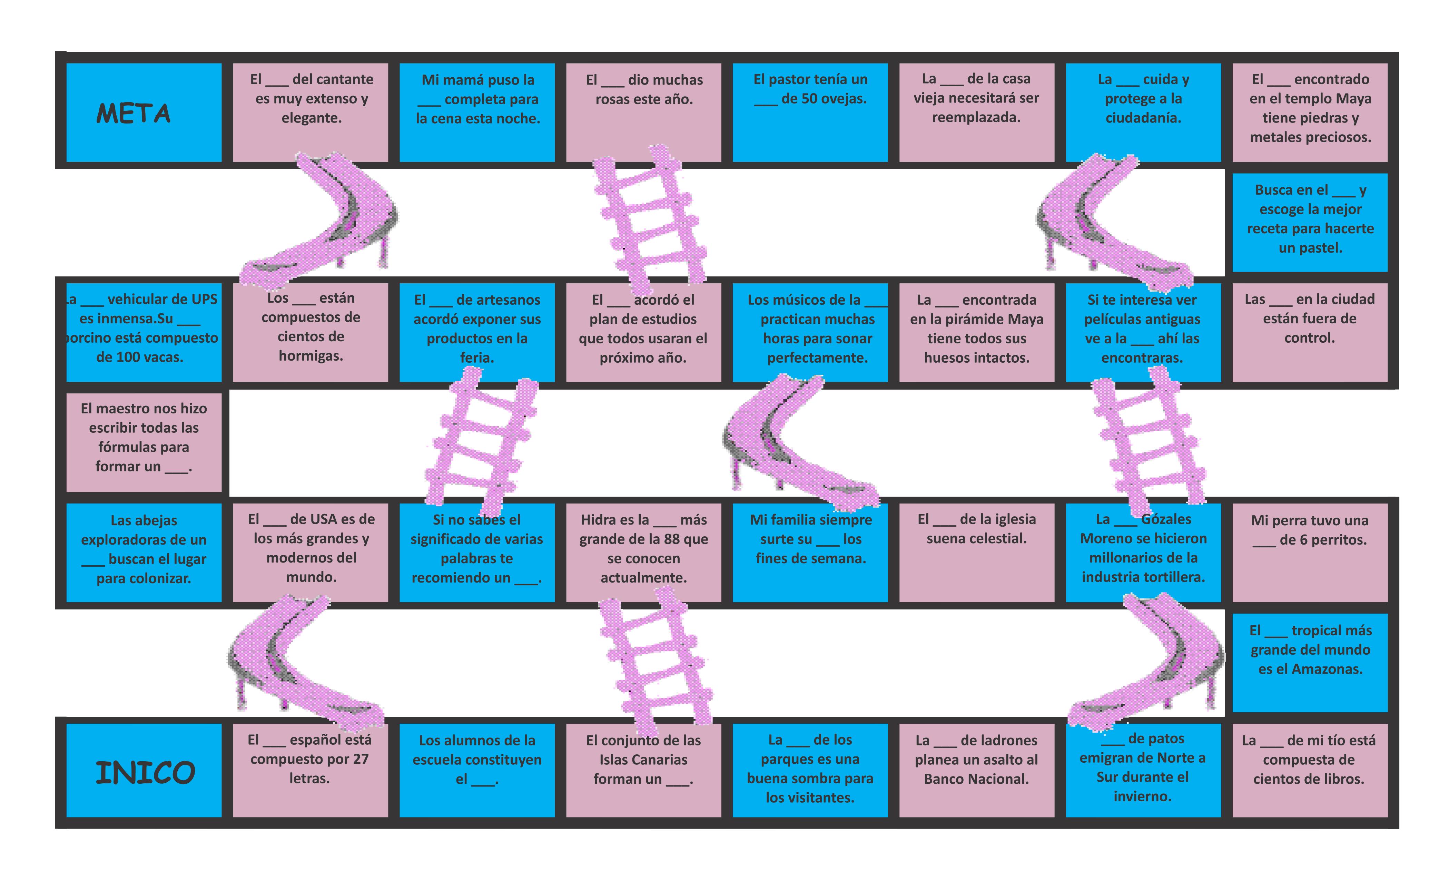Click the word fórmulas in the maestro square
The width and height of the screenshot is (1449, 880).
(x=125, y=447)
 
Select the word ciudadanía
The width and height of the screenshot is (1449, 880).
(x=1143, y=118)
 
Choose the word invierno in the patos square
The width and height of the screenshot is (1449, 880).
(x=1142, y=796)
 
